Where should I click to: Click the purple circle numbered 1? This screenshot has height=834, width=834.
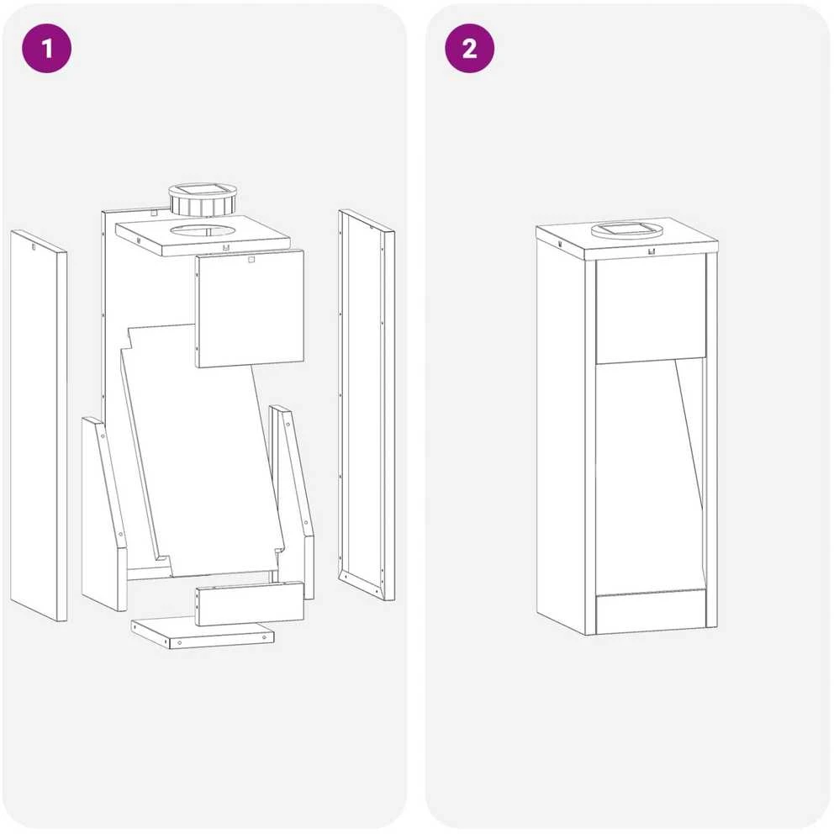click(47, 49)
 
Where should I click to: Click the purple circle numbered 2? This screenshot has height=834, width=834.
click(470, 49)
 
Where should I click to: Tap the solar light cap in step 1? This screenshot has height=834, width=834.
click(203, 200)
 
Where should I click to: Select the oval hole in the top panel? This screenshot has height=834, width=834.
click(203, 231)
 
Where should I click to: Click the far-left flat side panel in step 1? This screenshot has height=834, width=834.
click(39, 425)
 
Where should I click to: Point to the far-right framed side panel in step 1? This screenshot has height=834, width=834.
click(367, 404)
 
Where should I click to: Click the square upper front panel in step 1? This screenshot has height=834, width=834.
click(250, 309)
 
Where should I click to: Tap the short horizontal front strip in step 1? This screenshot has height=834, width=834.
click(250, 603)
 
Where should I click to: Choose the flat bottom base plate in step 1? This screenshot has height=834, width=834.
click(203, 632)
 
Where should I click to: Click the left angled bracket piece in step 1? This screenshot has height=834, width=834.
click(105, 514)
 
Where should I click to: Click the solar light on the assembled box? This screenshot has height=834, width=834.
click(626, 230)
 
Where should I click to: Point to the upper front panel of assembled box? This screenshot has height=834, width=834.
click(651, 310)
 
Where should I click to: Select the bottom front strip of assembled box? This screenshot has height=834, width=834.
click(651, 612)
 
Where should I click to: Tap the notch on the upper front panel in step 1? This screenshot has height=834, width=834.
click(251, 260)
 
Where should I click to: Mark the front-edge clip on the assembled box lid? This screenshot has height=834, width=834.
click(652, 251)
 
